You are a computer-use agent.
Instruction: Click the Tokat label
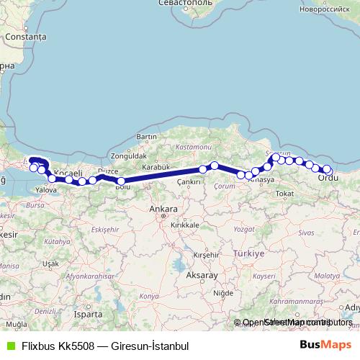coord(286,194)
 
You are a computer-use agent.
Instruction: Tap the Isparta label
coord(89,314)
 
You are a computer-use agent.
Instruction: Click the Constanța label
coord(24,36)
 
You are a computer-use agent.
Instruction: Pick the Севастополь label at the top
coord(189,4)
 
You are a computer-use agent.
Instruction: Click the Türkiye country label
coord(249,254)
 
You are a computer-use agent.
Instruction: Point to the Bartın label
coord(146,137)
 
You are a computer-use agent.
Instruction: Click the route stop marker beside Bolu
coord(122,181)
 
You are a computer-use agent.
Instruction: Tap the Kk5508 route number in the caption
coord(75,346)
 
